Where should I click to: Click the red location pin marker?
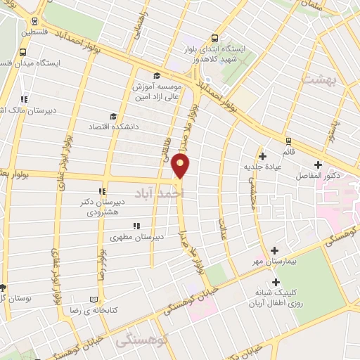point(181,166)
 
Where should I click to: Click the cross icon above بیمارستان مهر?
point(274,250)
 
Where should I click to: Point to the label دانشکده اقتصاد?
point(111,127)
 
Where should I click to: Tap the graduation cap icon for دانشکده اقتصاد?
point(112,116)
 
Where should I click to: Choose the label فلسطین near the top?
point(36,32)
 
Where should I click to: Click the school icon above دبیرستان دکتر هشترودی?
point(103,191)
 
